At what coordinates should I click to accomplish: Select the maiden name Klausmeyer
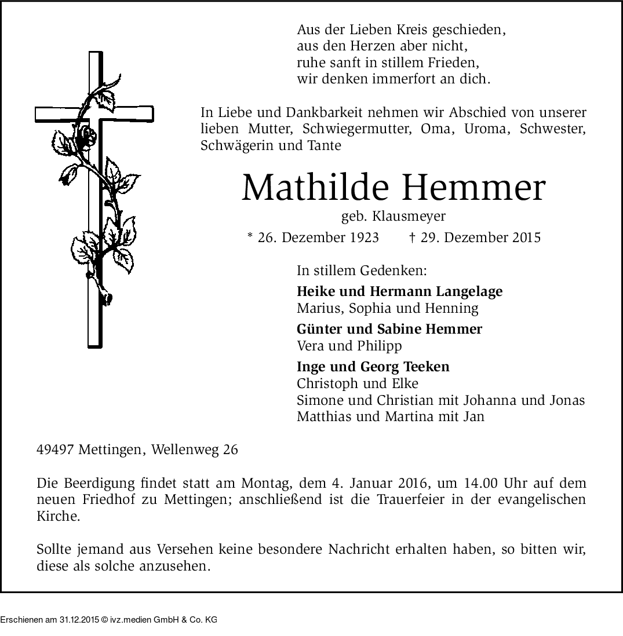click(x=410, y=217)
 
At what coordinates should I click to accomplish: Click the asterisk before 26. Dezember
click(x=250, y=236)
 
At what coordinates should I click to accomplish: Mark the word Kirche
click(x=58, y=517)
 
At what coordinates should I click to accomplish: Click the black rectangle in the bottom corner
click(x=108, y=615)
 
